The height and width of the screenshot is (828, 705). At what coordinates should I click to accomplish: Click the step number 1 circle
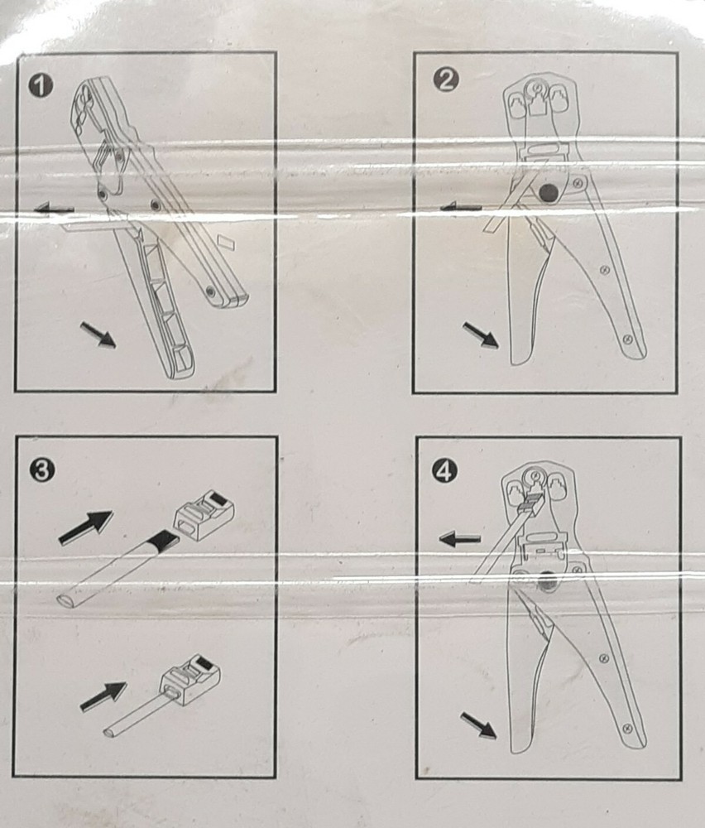point(41,86)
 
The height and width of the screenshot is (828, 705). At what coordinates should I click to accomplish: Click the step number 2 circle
point(445,80)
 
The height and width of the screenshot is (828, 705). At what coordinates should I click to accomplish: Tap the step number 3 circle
point(41,469)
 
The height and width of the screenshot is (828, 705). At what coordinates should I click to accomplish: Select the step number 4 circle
point(444,470)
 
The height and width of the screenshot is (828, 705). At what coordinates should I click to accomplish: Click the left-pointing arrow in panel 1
point(54,209)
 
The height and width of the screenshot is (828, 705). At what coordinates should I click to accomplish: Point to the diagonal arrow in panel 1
point(98,335)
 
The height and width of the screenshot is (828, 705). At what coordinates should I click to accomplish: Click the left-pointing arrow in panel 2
point(460,208)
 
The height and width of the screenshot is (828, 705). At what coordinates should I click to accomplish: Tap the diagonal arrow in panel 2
point(481,335)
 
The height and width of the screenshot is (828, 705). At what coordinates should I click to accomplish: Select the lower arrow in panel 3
point(103,696)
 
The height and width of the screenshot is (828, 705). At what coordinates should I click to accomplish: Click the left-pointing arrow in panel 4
point(459,539)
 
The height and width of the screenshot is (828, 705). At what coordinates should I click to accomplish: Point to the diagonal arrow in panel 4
point(478,725)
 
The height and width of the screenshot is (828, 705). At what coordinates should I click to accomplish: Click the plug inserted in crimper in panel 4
point(530,502)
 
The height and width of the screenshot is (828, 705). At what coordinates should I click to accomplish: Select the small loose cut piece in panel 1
point(227,242)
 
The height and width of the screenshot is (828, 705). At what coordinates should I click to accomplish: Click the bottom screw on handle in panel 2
point(627,339)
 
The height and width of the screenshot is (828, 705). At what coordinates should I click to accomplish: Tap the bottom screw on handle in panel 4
point(627,728)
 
